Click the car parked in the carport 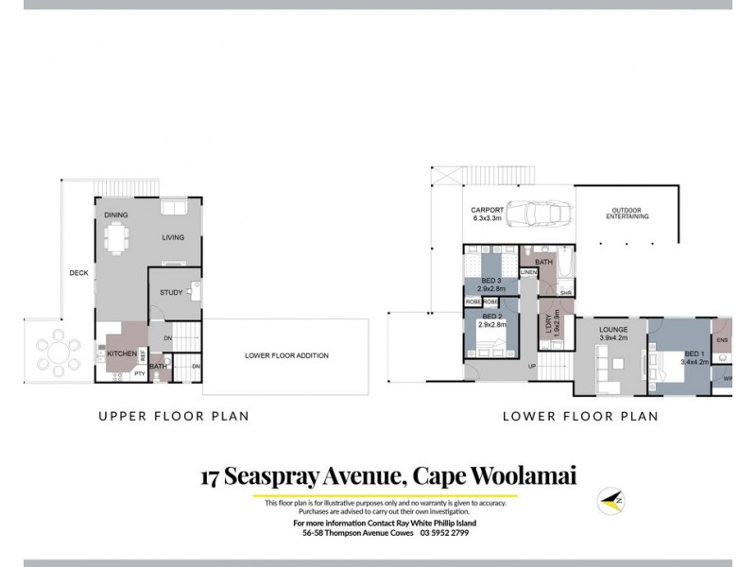point(534,215)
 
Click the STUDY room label point(171,293)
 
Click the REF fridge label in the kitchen point(143,355)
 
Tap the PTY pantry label point(139,373)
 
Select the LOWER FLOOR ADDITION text point(286,355)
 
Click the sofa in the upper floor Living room point(173,208)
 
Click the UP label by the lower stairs point(531,366)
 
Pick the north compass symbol point(610,500)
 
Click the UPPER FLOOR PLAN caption point(174,415)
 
